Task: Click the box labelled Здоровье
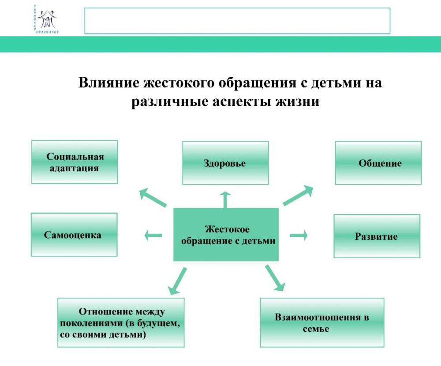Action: (225, 163)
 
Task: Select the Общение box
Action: (378, 163)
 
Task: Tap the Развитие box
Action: (377, 236)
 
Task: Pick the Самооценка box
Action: (74, 235)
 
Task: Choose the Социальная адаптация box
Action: (75, 162)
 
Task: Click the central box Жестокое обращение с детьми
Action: (226, 235)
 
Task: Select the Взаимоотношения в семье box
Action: (322, 322)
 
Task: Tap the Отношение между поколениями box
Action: (121, 322)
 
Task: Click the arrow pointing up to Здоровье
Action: (225, 199)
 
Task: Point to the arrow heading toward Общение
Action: (298, 196)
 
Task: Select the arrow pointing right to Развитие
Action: (299, 235)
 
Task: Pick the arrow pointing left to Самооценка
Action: (153, 235)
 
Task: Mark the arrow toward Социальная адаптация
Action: (153, 198)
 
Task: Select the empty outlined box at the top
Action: (237, 21)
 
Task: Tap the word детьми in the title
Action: (329, 83)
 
